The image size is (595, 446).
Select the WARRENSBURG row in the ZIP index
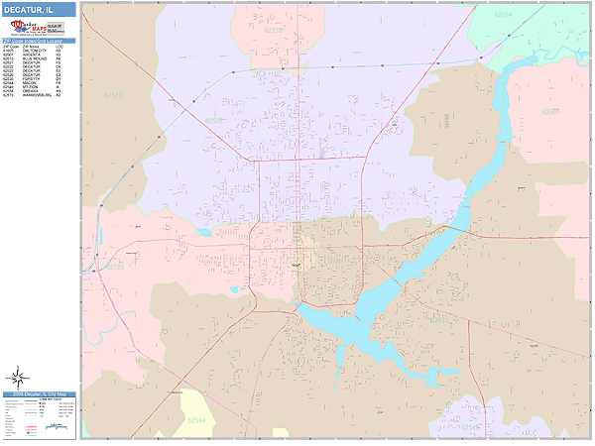[39, 95]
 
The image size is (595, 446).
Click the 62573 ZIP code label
[113, 96]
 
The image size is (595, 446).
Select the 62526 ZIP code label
[214, 120]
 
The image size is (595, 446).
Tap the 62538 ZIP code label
[274, 31]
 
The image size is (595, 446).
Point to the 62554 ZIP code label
[503, 16]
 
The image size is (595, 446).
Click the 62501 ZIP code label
[550, 112]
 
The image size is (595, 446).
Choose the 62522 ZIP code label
[115, 266]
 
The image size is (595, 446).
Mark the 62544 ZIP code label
[196, 420]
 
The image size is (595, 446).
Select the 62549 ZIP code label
[469, 427]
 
